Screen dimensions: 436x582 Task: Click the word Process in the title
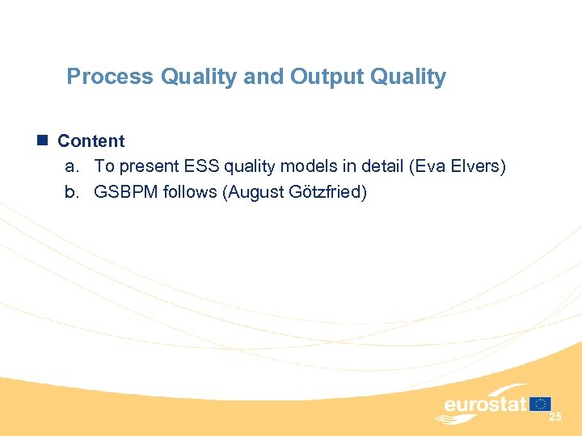click(x=110, y=77)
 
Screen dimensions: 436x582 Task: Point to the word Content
click(x=91, y=140)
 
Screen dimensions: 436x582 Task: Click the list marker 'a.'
click(x=73, y=166)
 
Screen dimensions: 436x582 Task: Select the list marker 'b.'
click(x=73, y=192)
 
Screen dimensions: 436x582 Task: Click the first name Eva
click(x=427, y=166)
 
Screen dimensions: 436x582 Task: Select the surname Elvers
click(x=477, y=166)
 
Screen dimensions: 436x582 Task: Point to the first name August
click(x=255, y=192)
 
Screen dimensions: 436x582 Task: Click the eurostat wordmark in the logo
click(x=485, y=405)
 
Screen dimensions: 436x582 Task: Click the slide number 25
click(x=555, y=417)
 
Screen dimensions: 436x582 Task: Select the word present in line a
click(x=143, y=166)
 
